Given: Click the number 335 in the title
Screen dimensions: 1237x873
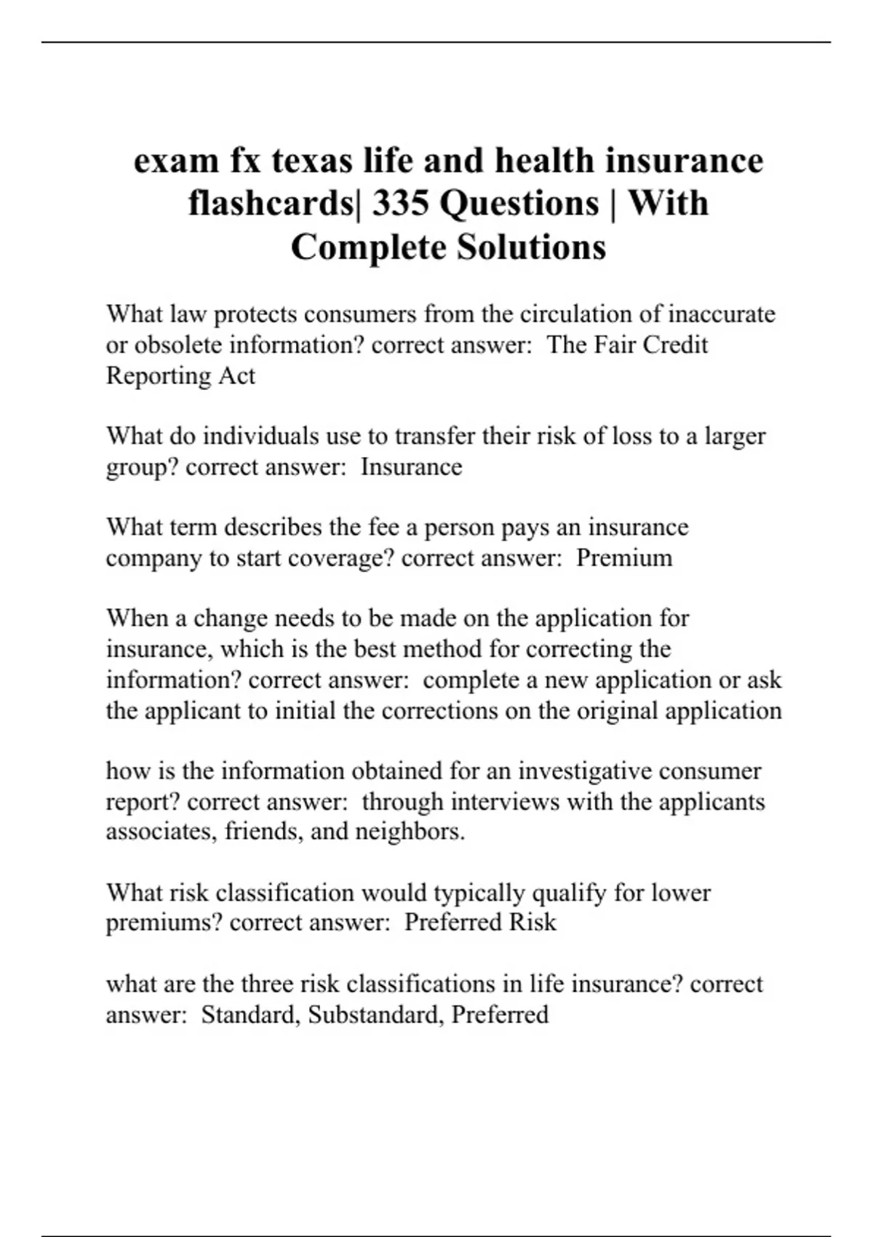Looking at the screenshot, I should click(400, 204).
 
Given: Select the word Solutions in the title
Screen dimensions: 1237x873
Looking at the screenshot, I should click(531, 247).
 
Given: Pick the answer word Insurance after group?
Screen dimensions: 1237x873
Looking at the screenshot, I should click(411, 466).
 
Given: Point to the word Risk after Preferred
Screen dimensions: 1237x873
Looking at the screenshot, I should click(533, 923).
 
